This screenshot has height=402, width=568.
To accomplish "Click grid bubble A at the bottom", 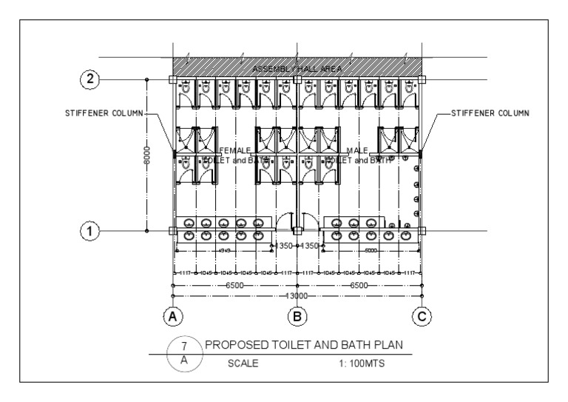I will tap(173, 317).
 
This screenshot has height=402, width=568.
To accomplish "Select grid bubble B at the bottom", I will tap(297, 317).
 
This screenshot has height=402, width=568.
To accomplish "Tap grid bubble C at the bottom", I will tap(421, 317).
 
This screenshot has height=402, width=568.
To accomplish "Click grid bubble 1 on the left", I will tap(90, 231).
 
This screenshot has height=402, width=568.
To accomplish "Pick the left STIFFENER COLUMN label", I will tap(104, 113).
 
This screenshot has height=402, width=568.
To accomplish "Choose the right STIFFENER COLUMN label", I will tap(490, 113).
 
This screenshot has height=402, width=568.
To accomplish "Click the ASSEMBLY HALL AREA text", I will tap(297, 69).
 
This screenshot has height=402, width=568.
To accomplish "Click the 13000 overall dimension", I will tap(296, 295).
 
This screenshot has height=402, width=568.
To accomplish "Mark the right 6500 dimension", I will tap(358, 284).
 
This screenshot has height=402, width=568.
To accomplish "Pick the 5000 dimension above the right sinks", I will tap(370, 251).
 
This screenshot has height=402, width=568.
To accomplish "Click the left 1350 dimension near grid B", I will tap(283, 245).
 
